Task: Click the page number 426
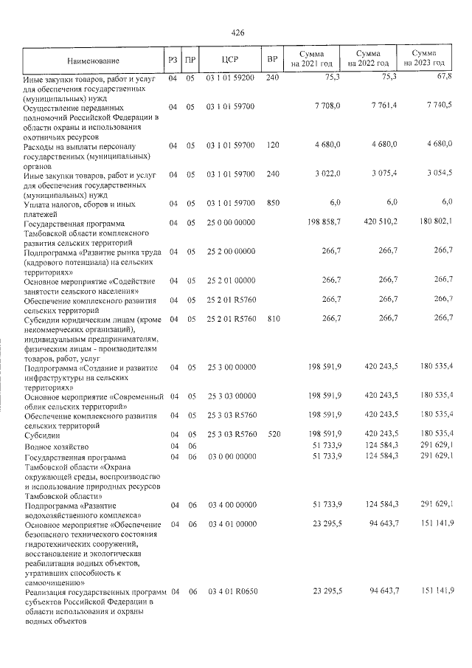(x=237, y=32)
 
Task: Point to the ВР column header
(x=272, y=60)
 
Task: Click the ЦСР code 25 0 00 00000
(x=230, y=222)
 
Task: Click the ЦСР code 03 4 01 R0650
(x=230, y=591)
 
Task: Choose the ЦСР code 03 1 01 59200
(x=230, y=78)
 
